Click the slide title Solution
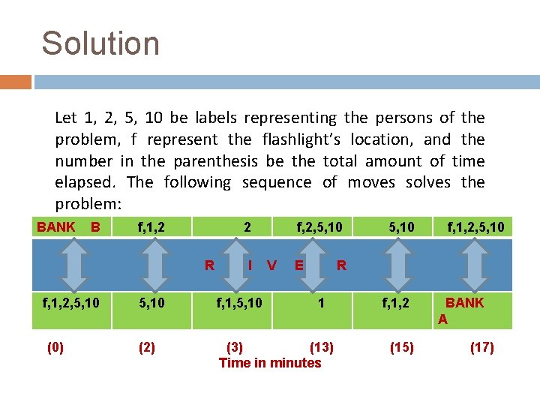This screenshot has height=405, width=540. pos(100,43)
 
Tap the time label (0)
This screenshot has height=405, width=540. pos(55,348)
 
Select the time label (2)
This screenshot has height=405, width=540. pos(146,348)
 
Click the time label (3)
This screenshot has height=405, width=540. pos(235,348)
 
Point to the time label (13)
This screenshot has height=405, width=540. pos(321,348)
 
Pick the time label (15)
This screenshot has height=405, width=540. pos(401,348)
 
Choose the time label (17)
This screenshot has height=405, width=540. pos(481,348)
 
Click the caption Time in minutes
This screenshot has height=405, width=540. pos(269,363)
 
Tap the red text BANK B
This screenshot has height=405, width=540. pos(68,227)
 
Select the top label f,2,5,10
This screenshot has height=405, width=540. pos(319,227)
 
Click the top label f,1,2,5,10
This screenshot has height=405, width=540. pos(475,227)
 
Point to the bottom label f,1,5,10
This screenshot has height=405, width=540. pos(239,303)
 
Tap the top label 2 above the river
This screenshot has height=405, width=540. pos(247,227)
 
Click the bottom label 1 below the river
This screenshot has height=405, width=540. pos(321,303)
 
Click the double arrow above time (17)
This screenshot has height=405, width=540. pos(474,264)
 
